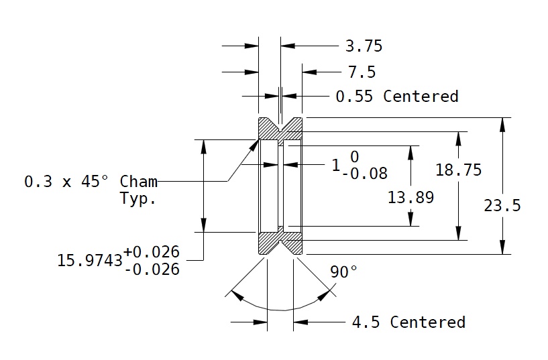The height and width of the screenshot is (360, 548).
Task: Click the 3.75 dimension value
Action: (x=364, y=46)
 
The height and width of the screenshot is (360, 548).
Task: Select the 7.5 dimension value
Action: (x=362, y=72)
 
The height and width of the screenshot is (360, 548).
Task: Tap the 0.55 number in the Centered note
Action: (x=355, y=97)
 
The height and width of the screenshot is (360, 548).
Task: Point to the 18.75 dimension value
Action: (x=458, y=170)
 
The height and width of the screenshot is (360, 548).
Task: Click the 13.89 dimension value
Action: (x=410, y=198)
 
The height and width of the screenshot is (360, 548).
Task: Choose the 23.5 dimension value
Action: (x=502, y=206)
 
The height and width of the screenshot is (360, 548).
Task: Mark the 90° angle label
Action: (x=343, y=272)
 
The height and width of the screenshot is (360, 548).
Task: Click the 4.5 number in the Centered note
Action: (x=366, y=322)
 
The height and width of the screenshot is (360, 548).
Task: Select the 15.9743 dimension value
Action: (x=90, y=260)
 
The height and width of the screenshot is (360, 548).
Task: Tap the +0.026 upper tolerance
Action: (x=152, y=251)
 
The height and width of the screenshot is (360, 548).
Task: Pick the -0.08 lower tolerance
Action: (x=364, y=174)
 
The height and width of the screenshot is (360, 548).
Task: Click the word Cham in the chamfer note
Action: (x=139, y=182)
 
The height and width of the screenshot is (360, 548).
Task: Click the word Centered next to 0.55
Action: (x=421, y=97)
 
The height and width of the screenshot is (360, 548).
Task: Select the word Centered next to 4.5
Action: (x=427, y=322)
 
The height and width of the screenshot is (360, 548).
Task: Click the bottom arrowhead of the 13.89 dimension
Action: (x=410, y=221)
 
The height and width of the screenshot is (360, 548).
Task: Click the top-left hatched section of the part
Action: (x=268, y=129)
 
